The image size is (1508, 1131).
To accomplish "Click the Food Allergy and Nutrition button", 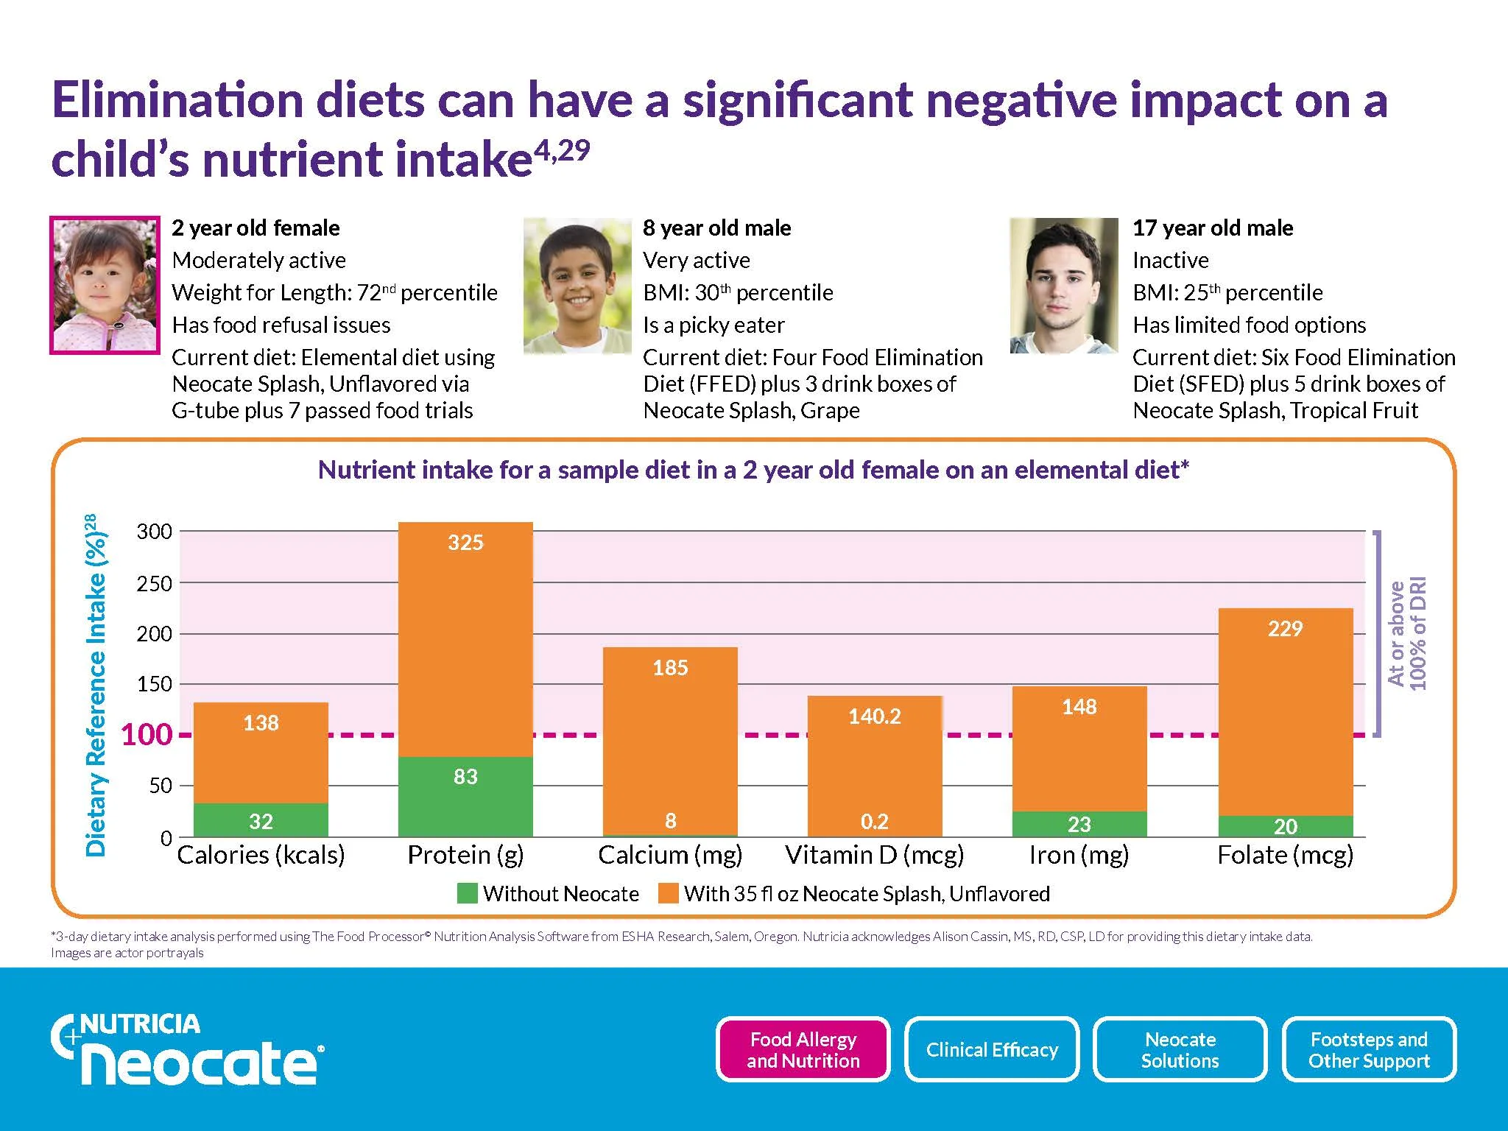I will coord(803,1049).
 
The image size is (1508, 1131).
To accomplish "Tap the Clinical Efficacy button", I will coord(991,1049).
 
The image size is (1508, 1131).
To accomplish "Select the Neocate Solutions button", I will coord(1180,1049).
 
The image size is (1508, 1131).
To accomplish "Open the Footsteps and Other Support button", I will coord(1369,1049).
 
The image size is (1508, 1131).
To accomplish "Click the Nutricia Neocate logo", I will coord(188,1049).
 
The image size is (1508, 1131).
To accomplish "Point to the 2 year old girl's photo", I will coord(105,285).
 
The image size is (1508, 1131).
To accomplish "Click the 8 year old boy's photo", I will coord(577,285).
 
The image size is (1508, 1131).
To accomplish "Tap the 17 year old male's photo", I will coord(1063,285).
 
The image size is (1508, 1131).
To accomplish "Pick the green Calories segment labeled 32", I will coord(261,820).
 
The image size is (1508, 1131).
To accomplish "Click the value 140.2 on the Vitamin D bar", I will coord(875,716).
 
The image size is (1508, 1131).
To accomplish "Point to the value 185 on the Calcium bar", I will coord(670,668).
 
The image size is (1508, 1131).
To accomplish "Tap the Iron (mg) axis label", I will coord(1079,855).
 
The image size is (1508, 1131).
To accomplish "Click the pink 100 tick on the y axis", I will coord(146,735).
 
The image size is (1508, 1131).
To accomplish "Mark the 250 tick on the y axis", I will coord(154,584).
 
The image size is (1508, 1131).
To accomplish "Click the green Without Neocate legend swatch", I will coord(467,893).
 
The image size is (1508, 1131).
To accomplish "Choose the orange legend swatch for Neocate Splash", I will coord(668,893).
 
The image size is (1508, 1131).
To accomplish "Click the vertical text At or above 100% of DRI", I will coord(1406,633).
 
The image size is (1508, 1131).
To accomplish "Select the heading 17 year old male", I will coord(1213,228).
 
